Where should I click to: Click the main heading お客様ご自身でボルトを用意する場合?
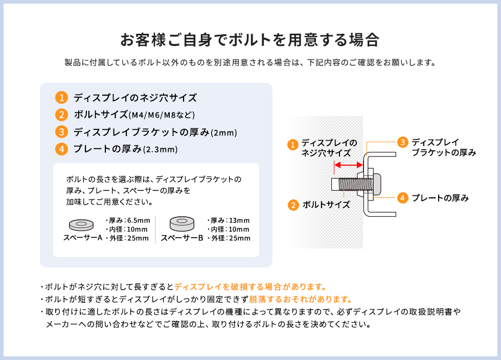click(x=250, y=40)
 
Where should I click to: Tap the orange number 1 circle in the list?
click(x=61, y=98)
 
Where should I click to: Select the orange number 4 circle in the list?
click(x=61, y=149)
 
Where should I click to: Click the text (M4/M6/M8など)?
click(x=162, y=115)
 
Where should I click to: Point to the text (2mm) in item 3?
click(x=224, y=133)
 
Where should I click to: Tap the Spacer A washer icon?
click(x=81, y=224)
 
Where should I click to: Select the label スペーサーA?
click(x=83, y=238)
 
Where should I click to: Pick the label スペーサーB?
click(x=182, y=238)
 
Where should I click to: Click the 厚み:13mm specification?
click(x=229, y=220)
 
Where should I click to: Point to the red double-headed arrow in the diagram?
click(x=348, y=165)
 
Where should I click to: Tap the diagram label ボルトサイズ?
click(x=326, y=205)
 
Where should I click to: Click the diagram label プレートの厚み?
click(x=440, y=198)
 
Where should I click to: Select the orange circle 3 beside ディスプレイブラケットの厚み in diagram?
click(x=403, y=143)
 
